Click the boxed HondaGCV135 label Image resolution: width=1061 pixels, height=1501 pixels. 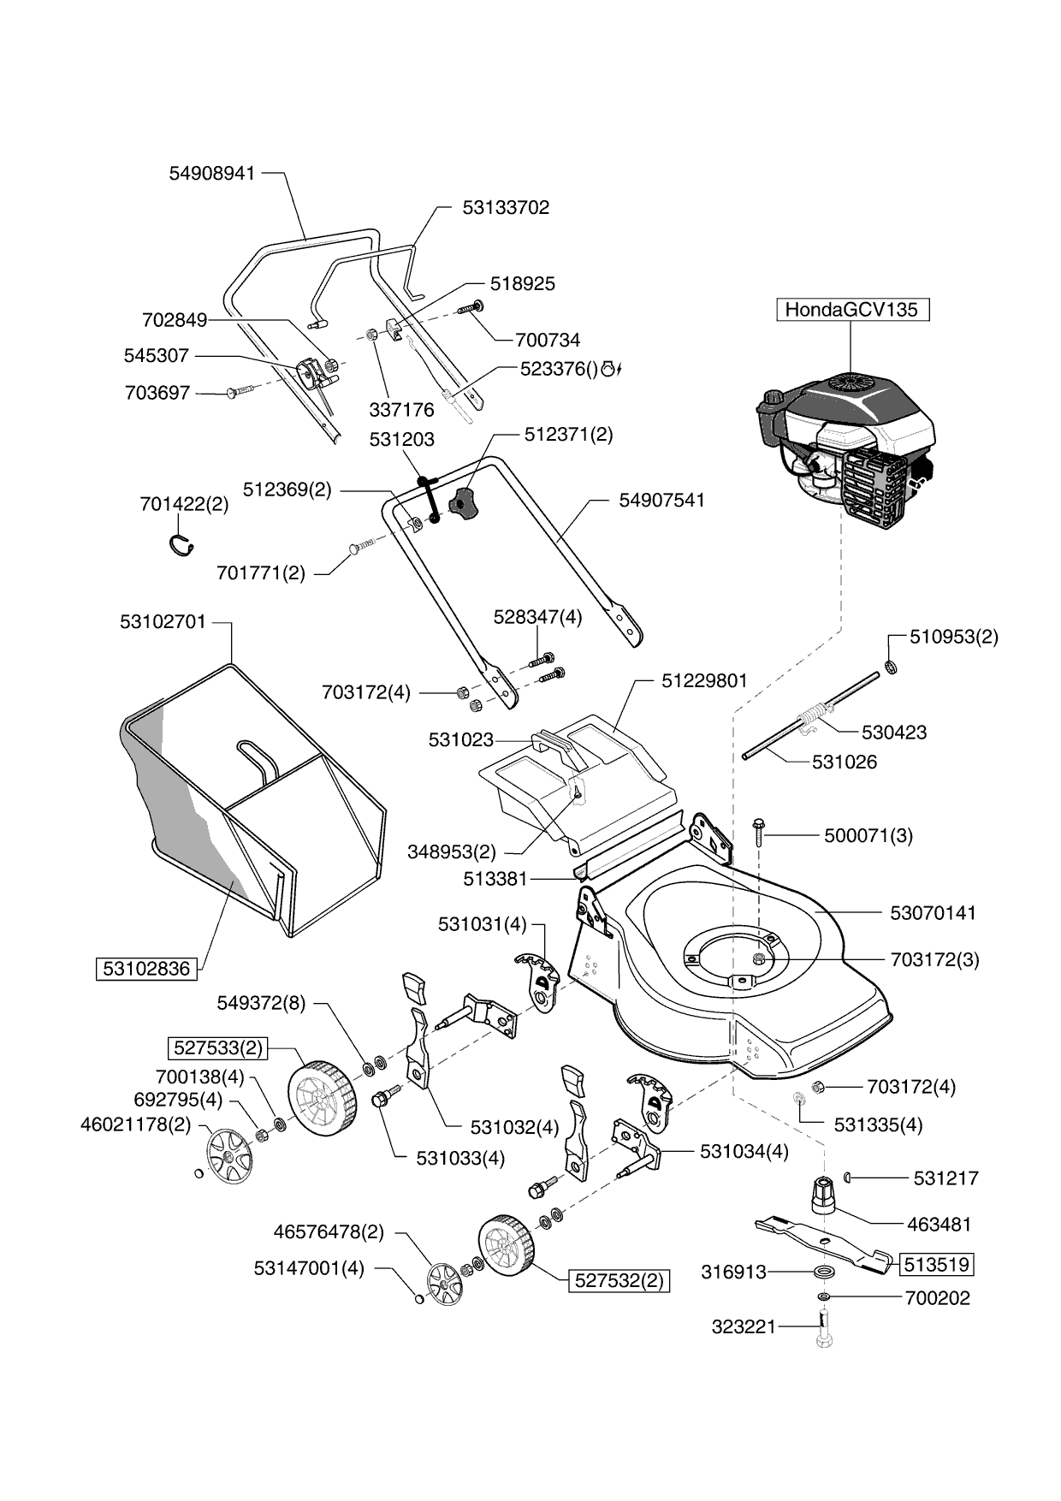click(851, 310)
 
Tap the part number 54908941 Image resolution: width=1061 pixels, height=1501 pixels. click(212, 173)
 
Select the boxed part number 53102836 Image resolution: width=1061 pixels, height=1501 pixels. click(146, 969)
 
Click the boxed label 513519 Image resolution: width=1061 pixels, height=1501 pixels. click(938, 1264)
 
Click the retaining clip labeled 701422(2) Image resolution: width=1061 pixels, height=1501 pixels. click(181, 544)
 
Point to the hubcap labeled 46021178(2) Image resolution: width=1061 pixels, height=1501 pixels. click(230, 1155)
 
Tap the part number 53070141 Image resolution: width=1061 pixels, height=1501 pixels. click(933, 913)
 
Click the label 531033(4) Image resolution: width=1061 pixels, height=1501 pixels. click(460, 1158)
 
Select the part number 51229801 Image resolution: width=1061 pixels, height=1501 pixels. click(704, 681)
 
